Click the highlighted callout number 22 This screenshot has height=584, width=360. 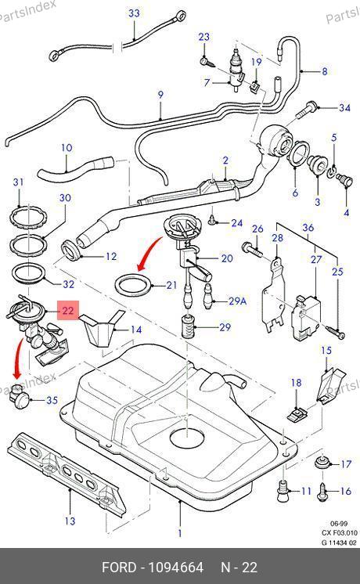[x=68, y=310]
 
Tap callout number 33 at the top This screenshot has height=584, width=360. [x=134, y=13]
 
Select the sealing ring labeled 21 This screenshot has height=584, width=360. [x=135, y=285]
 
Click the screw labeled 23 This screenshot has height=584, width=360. [x=206, y=62]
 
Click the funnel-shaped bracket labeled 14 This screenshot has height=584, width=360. [x=99, y=326]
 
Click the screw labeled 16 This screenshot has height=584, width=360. [x=322, y=492]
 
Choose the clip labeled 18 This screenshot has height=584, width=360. [x=297, y=414]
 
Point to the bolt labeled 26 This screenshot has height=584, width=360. [x=253, y=249]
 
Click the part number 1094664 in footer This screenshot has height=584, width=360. [x=176, y=568]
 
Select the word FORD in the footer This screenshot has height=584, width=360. [x=119, y=568]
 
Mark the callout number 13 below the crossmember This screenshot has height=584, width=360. [x=70, y=521]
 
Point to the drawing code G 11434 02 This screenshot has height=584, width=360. [x=339, y=543]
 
